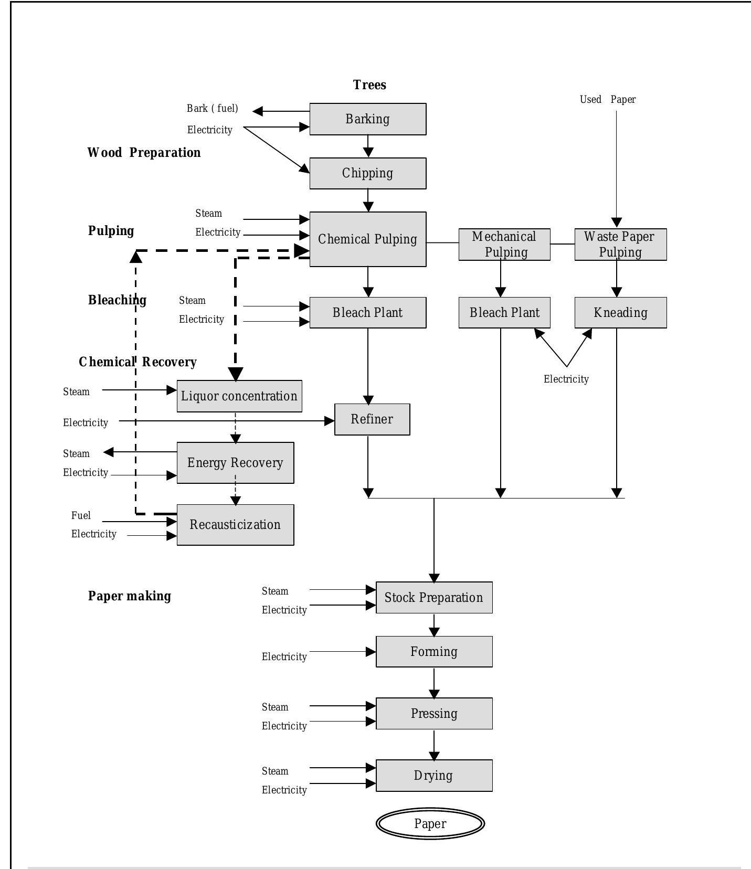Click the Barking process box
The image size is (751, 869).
tap(367, 119)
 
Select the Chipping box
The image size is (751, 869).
tap(367, 173)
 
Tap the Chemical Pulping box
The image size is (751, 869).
tap(367, 239)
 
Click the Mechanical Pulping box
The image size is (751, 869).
tap(504, 245)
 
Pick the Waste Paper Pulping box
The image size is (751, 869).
tap(620, 245)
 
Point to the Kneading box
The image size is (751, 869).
tap(620, 313)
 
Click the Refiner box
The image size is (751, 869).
tap(372, 419)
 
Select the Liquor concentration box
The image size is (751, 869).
tap(239, 396)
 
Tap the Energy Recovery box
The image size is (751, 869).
tap(235, 463)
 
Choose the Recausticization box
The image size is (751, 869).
tap(235, 525)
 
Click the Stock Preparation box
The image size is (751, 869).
tap(434, 598)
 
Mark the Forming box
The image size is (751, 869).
tap(434, 652)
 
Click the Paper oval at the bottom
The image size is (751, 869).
tap(430, 824)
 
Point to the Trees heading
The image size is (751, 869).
tap(369, 85)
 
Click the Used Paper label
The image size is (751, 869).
tap(608, 100)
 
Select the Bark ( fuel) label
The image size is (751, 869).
tap(212, 109)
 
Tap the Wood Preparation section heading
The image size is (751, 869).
tap(144, 153)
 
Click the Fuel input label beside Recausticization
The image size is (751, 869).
tap(81, 515)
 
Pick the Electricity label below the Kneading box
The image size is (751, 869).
tap(566, 379)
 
